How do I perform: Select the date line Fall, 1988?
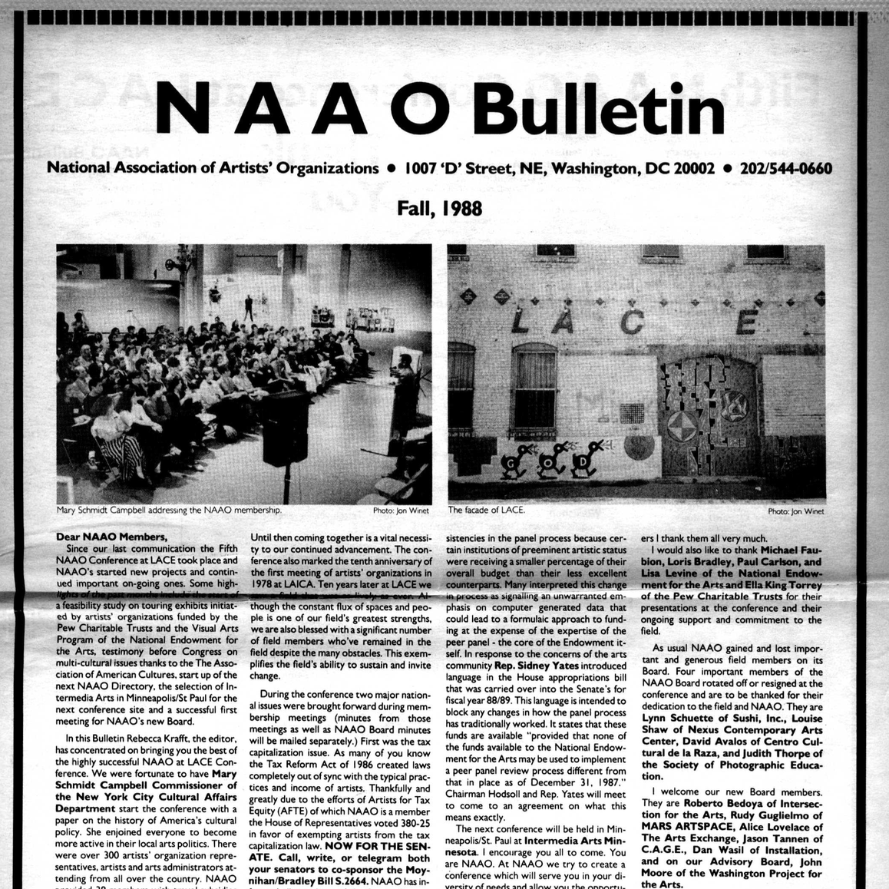click(439, 207)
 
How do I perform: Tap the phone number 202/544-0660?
click(785, 167)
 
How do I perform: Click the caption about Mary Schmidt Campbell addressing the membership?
click(170, 510)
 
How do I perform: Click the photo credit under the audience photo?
click(397, 511)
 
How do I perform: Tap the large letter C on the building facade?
click(631, 323)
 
